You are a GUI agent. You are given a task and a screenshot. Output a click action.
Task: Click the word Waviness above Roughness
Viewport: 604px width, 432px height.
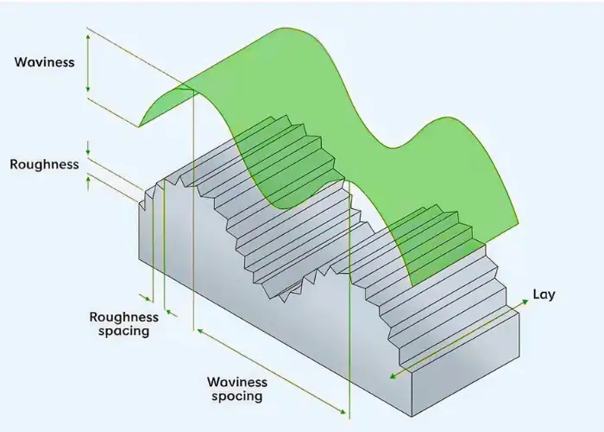(x=45, y=62)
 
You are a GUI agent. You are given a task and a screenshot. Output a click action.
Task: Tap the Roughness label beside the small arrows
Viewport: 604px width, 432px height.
(x=44, y=164)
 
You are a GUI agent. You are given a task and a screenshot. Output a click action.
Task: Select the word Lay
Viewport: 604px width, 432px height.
(x=544, y=295)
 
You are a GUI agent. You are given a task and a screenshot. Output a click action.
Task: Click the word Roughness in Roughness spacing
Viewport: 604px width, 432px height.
(x=124, y=317)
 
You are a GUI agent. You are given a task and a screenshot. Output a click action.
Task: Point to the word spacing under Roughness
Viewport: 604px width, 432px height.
(x=125, y=331)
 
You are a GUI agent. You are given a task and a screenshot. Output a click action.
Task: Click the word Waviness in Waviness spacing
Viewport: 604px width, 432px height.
(x=237, y=382)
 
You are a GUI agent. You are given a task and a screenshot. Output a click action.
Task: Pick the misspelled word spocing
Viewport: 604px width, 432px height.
(x=238, y=397)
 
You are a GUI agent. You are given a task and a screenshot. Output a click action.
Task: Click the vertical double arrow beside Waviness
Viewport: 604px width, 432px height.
(x=87, y=62)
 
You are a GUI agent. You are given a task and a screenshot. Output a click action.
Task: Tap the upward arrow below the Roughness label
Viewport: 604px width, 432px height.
(x=87, y=182)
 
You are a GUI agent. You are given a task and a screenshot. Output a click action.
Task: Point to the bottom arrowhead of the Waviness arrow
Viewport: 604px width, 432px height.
(x=87, y=92)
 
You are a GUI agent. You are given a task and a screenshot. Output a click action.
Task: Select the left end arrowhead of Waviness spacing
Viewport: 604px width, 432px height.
(x=198, y=330)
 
